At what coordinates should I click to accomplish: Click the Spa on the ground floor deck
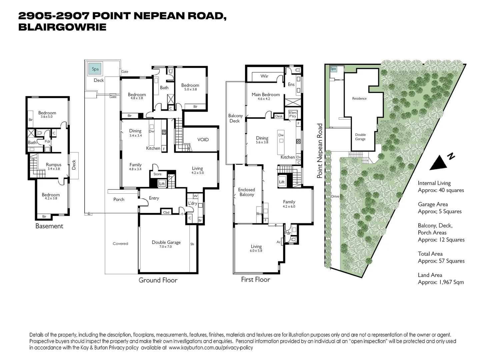click(x=95, y=69)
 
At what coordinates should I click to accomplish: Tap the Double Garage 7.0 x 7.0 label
click(x=166, y=244)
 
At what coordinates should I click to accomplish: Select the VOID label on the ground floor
click(x=203, y=140)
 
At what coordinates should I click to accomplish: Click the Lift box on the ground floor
click(x=162, y=184)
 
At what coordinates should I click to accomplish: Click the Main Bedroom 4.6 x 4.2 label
click(x=266, y=96)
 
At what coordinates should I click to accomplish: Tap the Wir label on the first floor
click(x=264, y=76)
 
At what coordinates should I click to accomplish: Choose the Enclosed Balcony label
click(x=246, y=192)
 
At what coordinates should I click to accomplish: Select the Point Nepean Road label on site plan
click(x=320, y=151)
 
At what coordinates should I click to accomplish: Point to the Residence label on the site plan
click(x=359, y=98)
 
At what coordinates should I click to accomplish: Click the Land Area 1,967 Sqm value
click(x=441, y=282)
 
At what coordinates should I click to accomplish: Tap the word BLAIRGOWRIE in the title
click(x=62, y=27)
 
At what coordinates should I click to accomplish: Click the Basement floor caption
click(x=49, y=226)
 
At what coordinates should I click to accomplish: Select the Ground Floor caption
click(x=158, y=280)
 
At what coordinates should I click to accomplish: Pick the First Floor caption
click(x=256, y=280)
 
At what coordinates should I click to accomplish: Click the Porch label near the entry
click(x=119, y=199)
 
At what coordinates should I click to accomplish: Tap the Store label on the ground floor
click(x=158, y=174)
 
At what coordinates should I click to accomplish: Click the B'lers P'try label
click(x=292, y=114)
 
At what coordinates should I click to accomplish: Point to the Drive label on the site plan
click(x=335, y=196)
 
